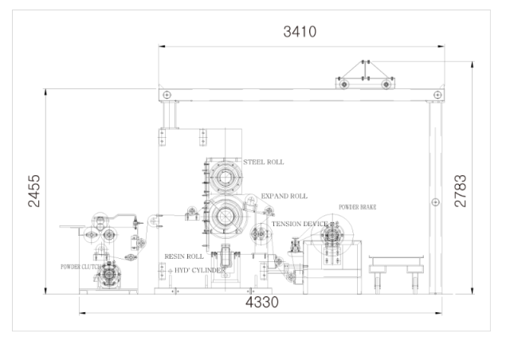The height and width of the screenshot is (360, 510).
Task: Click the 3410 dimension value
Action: (x=300, y=32)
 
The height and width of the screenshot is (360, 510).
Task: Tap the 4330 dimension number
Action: (x=262, y=303)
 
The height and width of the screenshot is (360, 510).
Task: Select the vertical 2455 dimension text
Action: (x=34, y=191)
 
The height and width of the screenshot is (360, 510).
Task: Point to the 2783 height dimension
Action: (x=461, y=191)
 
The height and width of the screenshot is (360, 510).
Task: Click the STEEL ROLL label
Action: (x=264, y=162)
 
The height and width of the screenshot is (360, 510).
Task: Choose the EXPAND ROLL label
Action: (x=284, y=196)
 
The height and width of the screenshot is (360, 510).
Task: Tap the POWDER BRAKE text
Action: (x=358, y=207)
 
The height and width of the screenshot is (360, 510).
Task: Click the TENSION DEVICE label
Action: (x=300, y=224)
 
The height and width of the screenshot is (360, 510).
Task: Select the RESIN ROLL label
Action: (x=184, y=256)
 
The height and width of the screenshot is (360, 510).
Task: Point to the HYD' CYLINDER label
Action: (x=200, y=270)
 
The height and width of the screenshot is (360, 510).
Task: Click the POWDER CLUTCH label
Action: (x=80, y=267)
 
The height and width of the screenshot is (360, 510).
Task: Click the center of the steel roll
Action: (x=225, y=178)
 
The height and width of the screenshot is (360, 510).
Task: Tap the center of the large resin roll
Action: (x=225, y=217)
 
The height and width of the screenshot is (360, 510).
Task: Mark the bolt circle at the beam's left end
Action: (x=167, y=95)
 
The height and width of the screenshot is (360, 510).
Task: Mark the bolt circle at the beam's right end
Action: (x=437, y=95)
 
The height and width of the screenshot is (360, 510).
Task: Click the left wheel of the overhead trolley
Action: (x=343, y=84)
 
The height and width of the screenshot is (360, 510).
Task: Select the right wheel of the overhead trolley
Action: (x=386, y=84)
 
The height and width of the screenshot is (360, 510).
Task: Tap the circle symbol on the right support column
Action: (x=436, y=202)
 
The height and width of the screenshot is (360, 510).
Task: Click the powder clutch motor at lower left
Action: (x=108, y=275)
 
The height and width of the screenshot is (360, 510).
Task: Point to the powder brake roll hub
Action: (x=332, y=235)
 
